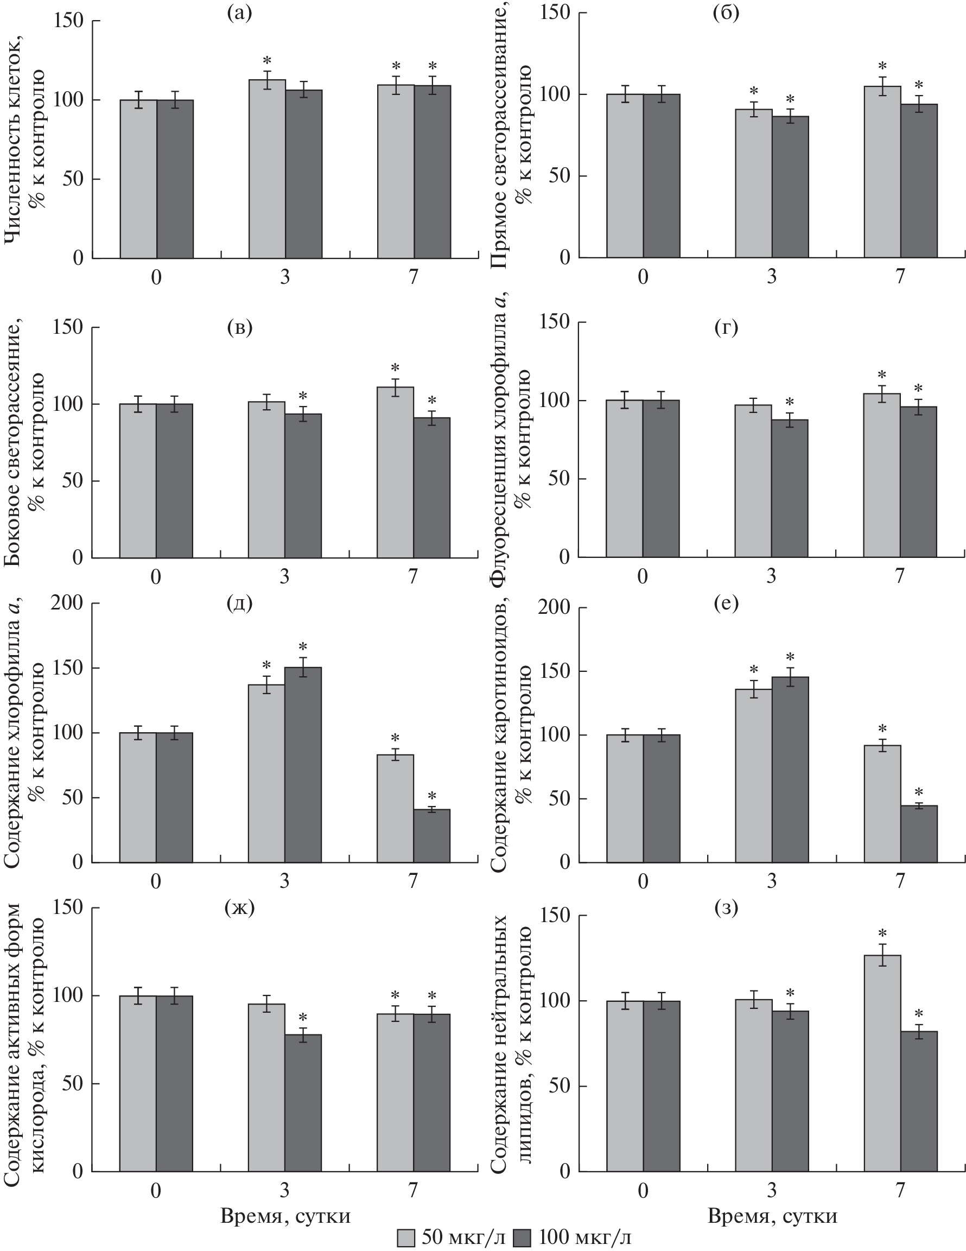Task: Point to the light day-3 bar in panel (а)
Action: (x=267, y=169)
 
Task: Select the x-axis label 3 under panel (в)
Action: (x=284, y=576)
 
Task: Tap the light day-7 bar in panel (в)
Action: (x=395, y=472)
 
